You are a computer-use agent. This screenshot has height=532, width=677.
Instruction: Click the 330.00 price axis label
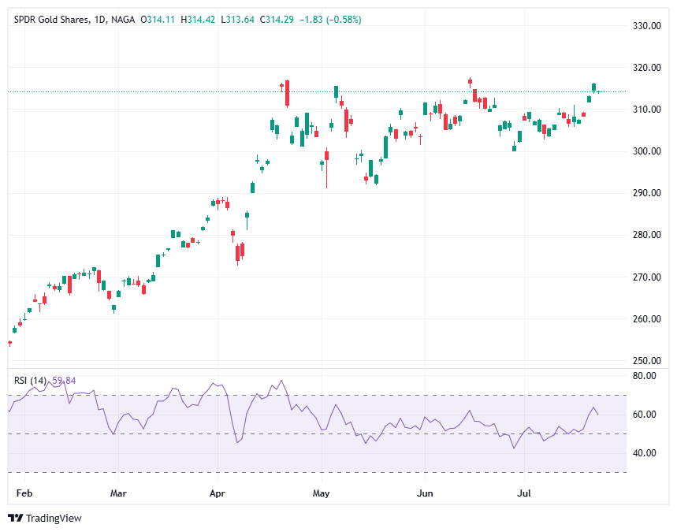tap(645, 26)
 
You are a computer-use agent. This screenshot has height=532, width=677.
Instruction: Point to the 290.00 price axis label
tap(645, 193)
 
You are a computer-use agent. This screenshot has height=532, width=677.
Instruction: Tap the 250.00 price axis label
tap(645, 361)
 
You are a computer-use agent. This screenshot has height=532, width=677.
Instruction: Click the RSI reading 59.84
tap(64, 381)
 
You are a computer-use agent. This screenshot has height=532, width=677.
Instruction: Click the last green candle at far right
tap(594, 87)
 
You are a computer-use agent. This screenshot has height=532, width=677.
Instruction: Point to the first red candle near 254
tap(9, 343)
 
